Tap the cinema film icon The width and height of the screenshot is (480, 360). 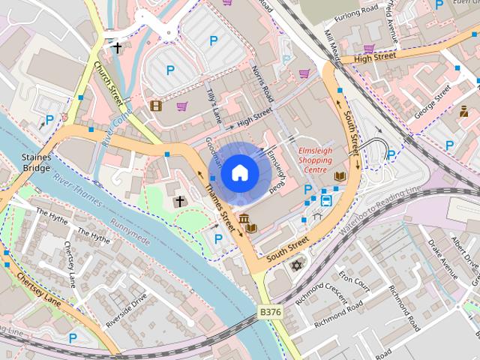click(x=155, y=106)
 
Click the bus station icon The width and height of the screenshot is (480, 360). click(x=326, y=200)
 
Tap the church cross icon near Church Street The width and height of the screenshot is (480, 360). click(x=117, y=48)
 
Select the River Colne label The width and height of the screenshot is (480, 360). click(x=116, y=130)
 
